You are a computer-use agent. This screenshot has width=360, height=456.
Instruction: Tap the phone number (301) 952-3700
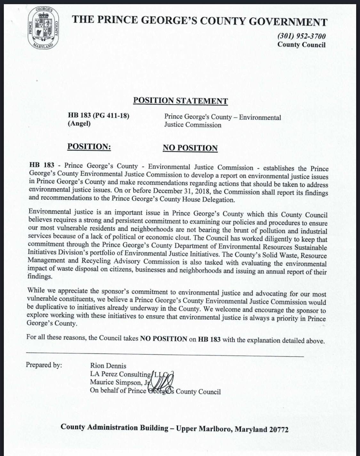point(301,36)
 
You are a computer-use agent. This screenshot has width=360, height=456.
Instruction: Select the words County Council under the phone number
point(301,44)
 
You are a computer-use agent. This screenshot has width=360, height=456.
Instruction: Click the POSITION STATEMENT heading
point(180,100)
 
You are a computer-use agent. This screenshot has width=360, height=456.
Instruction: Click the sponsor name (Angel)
point(79,124)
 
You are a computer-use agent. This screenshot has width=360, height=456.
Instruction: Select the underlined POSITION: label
point(89,147)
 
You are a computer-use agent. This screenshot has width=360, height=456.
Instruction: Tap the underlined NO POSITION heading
point(190,148)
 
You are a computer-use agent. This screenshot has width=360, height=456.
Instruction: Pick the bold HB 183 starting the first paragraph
point(42,165)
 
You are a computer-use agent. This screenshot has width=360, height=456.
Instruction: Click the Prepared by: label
point(44,365)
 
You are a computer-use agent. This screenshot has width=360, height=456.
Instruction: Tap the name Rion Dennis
point(108,365)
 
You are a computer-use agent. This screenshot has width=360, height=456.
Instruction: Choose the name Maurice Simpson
point(115,382)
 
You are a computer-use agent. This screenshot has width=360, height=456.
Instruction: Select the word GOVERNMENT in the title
point(288,21)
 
